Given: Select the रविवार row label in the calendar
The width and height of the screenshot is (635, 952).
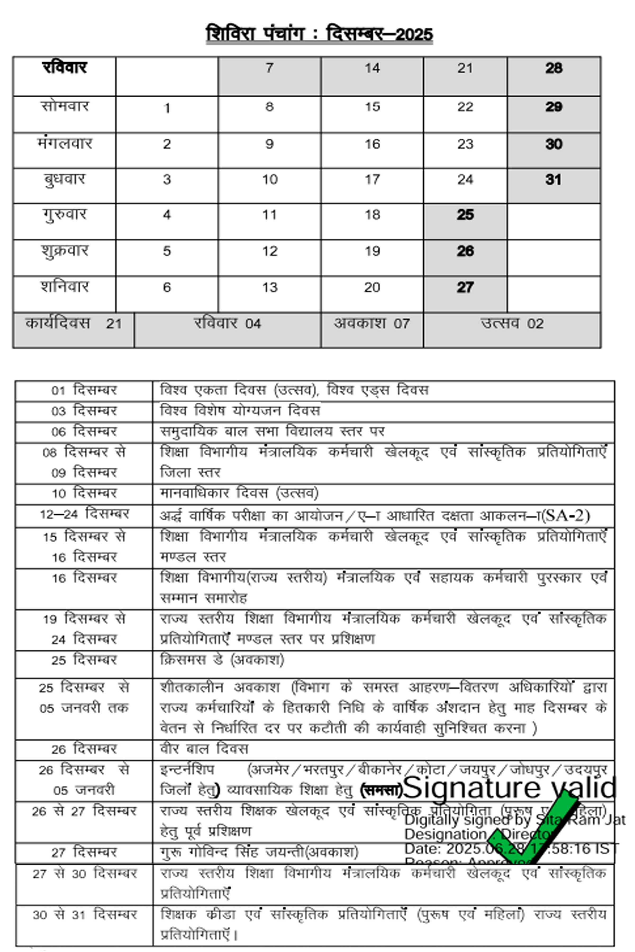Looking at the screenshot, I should tap(64, 67).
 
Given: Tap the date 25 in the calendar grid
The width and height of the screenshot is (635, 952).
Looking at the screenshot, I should tap(465, 215).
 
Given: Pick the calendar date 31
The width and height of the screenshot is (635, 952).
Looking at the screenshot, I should tap(553, 179).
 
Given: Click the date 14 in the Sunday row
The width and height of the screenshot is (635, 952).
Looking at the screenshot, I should tap(372, 68).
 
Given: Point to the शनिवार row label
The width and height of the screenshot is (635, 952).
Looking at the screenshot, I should tap(64, 287).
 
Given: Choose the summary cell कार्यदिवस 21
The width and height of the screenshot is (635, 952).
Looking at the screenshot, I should tap(73, 324).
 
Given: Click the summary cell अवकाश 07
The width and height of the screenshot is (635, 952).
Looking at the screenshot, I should tap(372, 324).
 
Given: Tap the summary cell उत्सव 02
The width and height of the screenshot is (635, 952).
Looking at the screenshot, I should tap(512, 324).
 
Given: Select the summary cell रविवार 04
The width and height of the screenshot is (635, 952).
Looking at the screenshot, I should tap(227, 324).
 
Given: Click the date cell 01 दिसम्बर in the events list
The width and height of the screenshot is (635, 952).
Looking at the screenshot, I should tap(84, 391).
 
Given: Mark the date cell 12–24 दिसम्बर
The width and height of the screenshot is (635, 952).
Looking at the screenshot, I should tap(84, 514).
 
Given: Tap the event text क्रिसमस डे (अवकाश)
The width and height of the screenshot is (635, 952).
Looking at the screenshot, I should tap(222, 660).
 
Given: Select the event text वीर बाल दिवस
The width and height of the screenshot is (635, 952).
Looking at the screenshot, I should tap(204, 749).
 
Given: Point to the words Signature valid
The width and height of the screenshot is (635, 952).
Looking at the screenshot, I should tap(510, 788).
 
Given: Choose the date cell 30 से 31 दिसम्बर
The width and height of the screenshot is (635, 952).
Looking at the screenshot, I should tap(84, 915).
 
